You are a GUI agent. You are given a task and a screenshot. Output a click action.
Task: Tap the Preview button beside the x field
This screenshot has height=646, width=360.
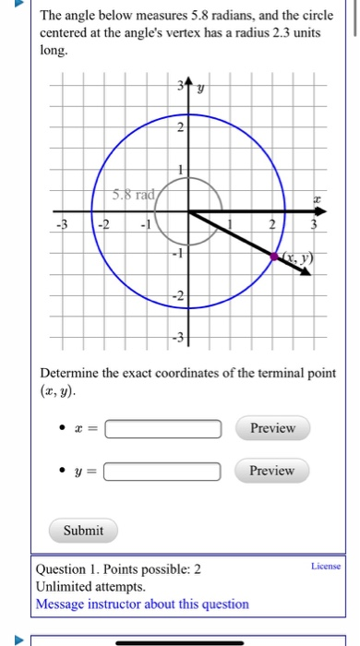(271, 428)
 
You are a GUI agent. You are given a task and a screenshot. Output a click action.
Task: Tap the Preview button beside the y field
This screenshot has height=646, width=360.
(271, 471)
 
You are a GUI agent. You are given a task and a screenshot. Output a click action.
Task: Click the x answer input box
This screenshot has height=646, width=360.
(163, 429)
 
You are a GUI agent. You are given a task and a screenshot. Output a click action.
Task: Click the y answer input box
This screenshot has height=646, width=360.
(163, 472)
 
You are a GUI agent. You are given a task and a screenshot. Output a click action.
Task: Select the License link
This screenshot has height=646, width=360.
(325, 566)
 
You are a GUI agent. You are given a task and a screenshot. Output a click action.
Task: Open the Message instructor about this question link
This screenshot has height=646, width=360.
(141, 604)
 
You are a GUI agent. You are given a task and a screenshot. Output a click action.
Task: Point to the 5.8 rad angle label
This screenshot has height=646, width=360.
(130, 196)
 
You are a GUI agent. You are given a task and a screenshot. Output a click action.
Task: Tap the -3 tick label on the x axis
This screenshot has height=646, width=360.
(62, 226)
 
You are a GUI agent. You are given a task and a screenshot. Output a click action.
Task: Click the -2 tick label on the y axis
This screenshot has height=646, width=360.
(179, 296)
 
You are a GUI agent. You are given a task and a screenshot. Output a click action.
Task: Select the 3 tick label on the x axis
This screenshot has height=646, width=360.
(315, 226)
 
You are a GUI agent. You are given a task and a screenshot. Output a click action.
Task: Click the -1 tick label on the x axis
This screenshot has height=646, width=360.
(143, 226)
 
